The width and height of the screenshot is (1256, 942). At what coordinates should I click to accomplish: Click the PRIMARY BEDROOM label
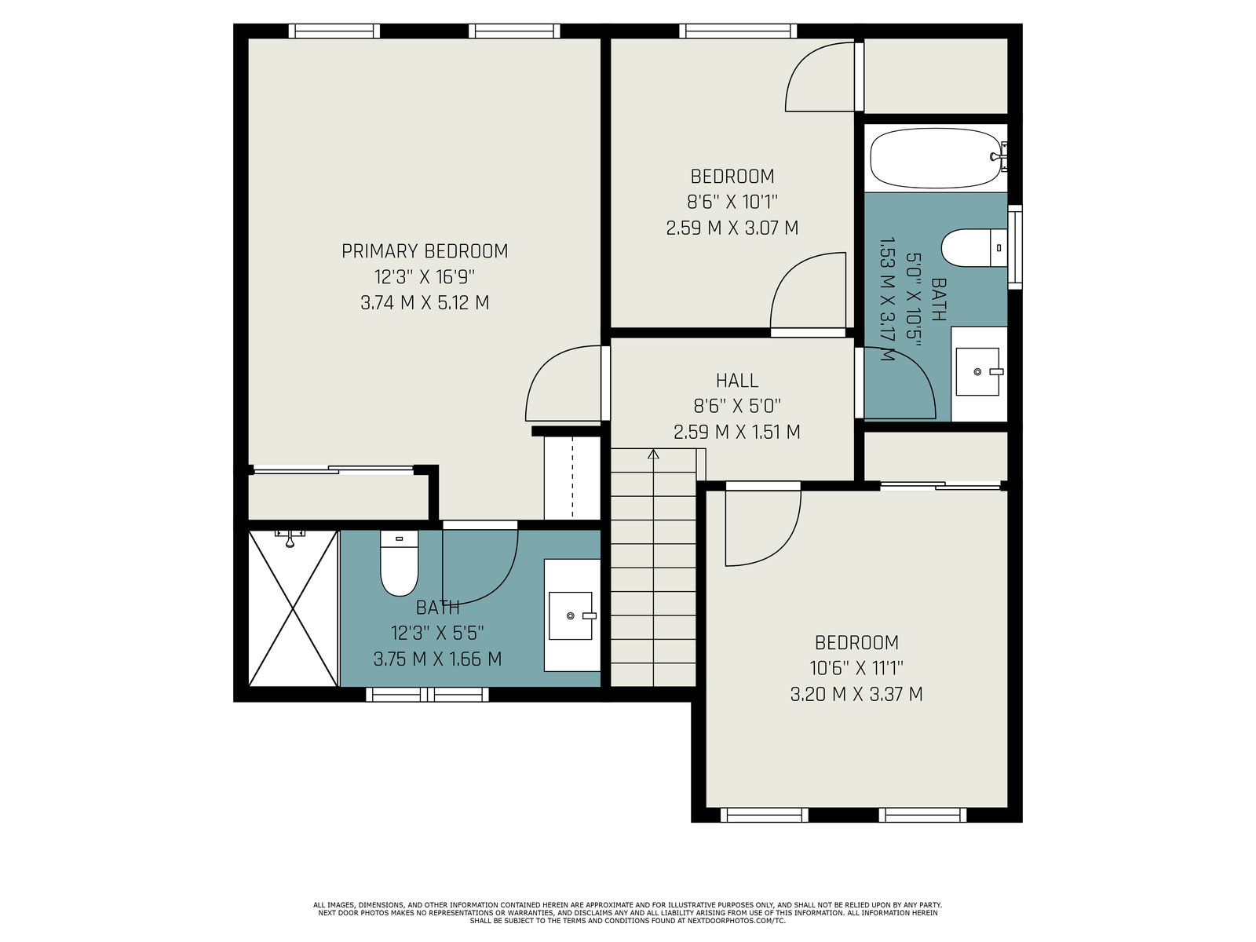[x=425, y=251]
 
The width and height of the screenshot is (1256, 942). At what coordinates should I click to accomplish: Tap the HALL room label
[x=737, y=381]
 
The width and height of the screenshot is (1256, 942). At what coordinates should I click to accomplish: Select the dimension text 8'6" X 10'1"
[x=732, y=202]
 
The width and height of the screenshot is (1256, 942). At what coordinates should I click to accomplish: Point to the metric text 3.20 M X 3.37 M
[x=856, y=695]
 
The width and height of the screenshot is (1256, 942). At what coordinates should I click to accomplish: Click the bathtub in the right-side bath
[x=936, y=159]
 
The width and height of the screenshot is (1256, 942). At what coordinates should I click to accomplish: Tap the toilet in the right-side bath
[x=974, y=247]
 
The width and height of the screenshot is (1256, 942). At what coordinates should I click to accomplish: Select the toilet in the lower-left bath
[x=400, y=564]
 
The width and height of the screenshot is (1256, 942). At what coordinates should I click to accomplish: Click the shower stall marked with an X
[x=293, y=608]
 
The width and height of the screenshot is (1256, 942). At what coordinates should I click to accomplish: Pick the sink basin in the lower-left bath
[x=571, y=615]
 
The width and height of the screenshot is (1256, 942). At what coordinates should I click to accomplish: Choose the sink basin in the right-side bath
[x=977, y=372]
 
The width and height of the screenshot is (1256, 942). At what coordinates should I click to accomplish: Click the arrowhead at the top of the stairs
[x=653, y=455]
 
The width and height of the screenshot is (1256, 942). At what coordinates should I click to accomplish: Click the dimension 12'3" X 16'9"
[x=425, y=277]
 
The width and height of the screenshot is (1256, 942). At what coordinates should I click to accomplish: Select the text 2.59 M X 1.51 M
[x=737, y=432]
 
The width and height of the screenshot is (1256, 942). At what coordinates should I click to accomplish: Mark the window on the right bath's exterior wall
[x=1014, y=246]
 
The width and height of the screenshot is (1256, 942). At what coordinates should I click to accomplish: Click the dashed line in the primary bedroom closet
[x=573, y=477]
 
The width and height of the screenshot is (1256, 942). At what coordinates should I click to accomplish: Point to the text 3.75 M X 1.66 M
[x=438, y=659]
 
